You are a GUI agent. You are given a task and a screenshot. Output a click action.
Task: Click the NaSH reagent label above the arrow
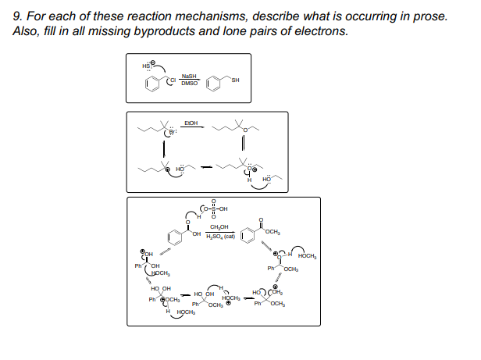pyautogui.click(x=187, y=75)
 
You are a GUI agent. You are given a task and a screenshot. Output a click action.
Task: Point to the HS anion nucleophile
pyautogui.click(x=146, y=65)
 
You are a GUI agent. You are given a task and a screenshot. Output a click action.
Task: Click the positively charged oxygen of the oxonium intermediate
pyautogui.click(x=248, y=167)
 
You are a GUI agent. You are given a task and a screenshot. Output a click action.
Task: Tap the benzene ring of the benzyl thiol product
pyautogui.click(x=215, y=83)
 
